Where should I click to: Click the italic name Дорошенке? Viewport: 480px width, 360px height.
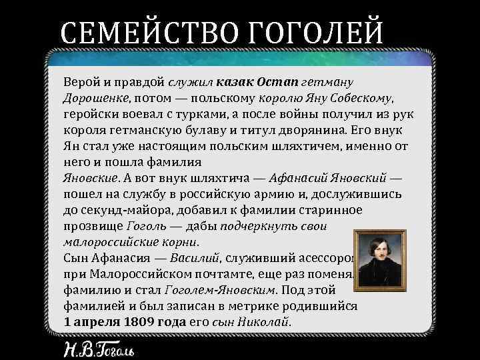click(x=93, y=99)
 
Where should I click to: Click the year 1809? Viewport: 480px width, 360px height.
click(x=140, y=321)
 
